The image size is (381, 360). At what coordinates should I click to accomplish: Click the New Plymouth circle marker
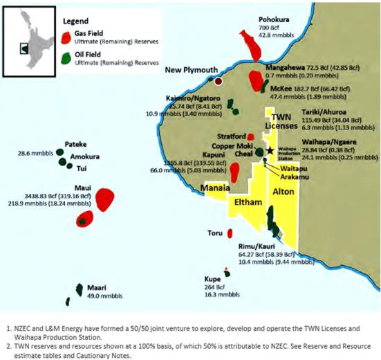coord(219,81)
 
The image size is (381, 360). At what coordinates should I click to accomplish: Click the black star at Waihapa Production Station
coord(270,150)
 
